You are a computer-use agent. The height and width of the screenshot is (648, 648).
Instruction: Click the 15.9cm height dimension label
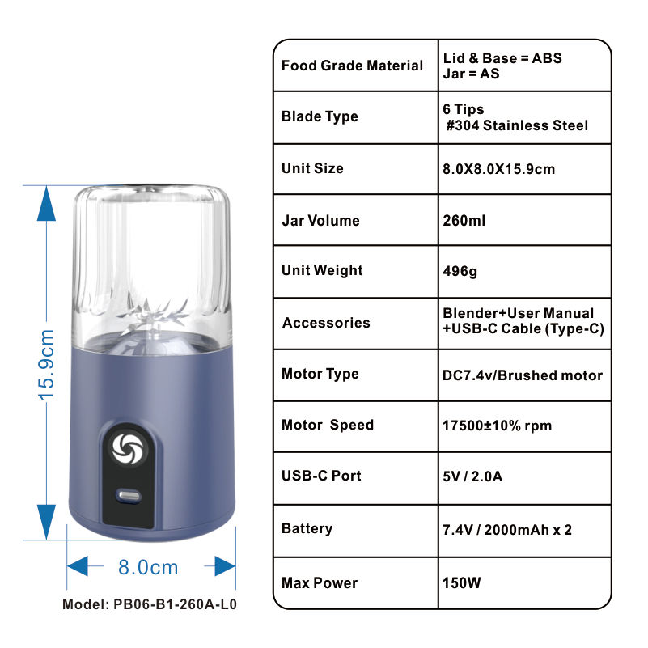(47, 363)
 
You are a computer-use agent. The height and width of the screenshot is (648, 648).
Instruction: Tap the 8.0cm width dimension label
(148, 567)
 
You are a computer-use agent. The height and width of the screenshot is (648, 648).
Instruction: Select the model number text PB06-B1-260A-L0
(150, 604)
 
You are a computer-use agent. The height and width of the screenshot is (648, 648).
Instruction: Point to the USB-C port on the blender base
(129, 494)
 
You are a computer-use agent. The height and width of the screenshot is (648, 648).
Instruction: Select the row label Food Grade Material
(352, 66)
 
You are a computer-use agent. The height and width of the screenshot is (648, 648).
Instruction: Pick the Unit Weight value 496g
(460, 271)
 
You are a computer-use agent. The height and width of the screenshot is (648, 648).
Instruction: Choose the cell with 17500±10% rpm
(498, 426)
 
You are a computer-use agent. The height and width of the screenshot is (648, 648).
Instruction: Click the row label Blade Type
(320, 116)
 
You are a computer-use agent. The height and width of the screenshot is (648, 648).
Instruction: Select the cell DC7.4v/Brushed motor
(523, 375)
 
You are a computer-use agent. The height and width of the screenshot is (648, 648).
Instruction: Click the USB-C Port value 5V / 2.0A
(472, 476)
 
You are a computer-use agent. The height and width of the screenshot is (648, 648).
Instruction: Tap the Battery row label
(307, 528)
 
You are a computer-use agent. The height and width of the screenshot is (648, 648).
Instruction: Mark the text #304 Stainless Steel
(518, 125)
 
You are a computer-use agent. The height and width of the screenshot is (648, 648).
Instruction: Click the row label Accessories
(326, 323)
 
